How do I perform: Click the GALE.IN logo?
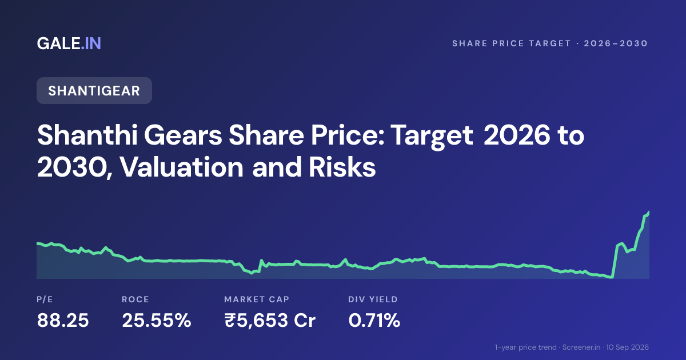tap(69, 43)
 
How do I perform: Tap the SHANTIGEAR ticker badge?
tap(94, 91)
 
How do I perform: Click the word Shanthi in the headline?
tap(87, 135)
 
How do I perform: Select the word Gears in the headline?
tap(183, 135)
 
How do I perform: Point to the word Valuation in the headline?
tap(182, 167)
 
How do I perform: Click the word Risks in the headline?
tap(342, 167)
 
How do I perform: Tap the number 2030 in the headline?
tap(71, 168)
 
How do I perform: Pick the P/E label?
tap(45, 299)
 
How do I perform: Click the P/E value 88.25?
tap(63, 320)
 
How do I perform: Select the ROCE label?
tap(135, 299)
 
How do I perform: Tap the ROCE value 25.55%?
tap(157, 320)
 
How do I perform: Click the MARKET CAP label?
tap(257, 299)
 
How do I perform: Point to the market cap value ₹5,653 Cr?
tap(270, 320)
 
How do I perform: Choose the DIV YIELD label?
tap(373, 299)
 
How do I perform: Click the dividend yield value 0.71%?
tap(374, 320)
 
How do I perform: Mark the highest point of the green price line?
tap(649, 211)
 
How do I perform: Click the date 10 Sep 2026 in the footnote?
tap(627, 347)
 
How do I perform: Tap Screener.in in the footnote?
tap(581, 347)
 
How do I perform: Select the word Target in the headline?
tap(432, 136)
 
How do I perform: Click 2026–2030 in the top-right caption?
tap(616, 43)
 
